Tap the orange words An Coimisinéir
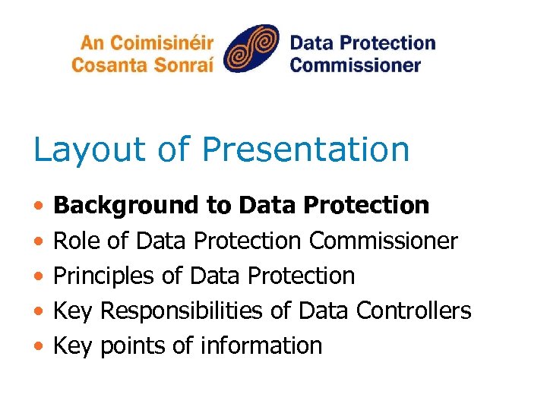point(143,42)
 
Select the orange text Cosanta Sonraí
point(142,64)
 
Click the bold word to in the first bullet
point(219,206)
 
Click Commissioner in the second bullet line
point(384,241)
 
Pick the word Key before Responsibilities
point(74,311)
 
